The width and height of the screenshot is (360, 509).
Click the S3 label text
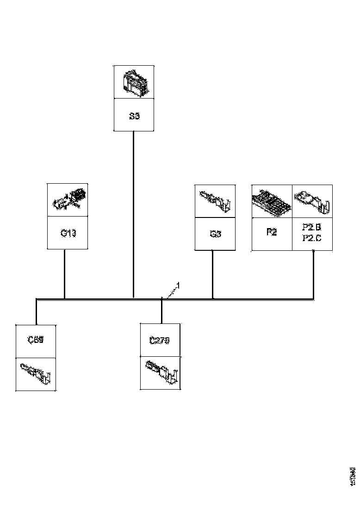134,116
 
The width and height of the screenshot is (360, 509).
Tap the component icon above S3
134,82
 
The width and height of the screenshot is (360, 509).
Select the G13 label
68,233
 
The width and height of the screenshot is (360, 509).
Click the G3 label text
215,234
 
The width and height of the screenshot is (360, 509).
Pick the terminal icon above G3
215,200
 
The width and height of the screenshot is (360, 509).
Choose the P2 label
272,232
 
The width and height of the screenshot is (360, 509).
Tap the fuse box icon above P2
272,202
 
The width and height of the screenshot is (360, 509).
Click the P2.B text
312,228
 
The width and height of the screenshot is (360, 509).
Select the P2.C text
312,238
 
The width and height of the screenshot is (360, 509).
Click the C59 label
36,340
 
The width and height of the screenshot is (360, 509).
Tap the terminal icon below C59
36,373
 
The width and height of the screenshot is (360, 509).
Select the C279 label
160,341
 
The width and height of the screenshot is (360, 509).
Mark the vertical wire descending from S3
134,213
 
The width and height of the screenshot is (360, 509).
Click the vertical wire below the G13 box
64,273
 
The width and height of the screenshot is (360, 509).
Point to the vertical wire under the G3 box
212,274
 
